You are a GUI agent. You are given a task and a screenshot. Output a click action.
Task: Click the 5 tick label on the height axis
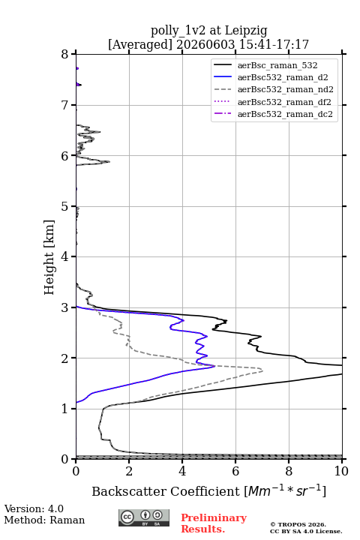(x=64, y=206)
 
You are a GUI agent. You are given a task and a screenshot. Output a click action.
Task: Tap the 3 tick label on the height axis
(x=64, y=307)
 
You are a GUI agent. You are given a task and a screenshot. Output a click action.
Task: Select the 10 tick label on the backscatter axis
(x=341, y=471)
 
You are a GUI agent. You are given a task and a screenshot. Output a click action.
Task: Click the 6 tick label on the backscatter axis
(x=235, y=471)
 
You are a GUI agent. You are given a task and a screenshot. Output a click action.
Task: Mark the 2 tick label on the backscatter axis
(x=129, y=471)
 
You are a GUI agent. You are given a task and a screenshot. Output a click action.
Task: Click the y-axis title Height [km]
(x=49, y=257)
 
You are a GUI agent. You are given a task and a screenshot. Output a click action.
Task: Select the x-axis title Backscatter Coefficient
(x=166, y=491)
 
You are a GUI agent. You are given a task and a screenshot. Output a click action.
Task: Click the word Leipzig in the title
(x=246, y=31)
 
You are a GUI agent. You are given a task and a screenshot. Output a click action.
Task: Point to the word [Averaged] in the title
(x=140, y=44)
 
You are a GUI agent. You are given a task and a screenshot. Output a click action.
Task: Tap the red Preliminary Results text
(x=214, y=523)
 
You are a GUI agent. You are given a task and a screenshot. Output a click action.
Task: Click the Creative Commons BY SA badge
(x=144, y=518)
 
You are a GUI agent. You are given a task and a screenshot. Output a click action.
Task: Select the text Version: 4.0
(x=34, y=508)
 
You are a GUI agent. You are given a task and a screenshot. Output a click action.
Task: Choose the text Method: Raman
(x=44, y=520)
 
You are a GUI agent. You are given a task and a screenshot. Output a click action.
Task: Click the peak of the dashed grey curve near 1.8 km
(x=262, y=370)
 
